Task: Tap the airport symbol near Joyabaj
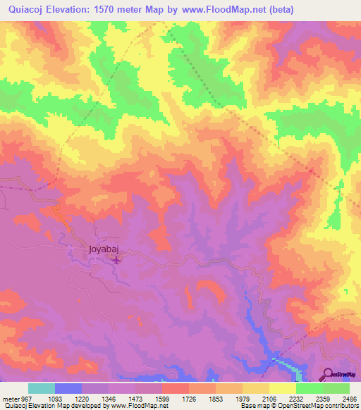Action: point(116,261)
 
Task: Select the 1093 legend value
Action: point(63,397)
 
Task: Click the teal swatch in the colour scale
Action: point(42,388)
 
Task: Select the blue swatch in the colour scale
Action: point(68,388)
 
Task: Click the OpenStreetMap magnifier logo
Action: point(328,373)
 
